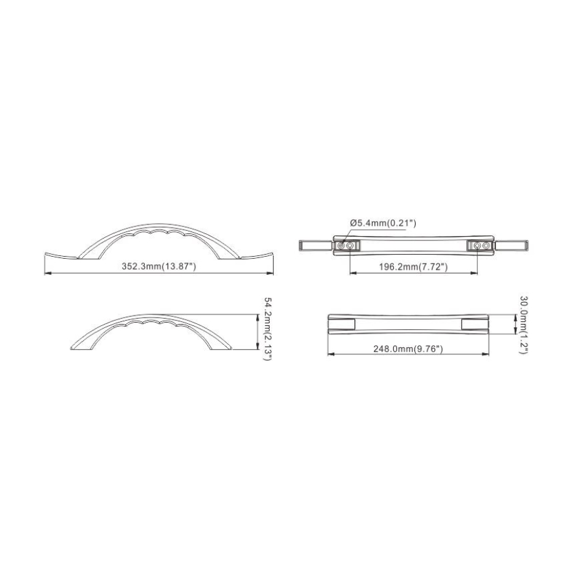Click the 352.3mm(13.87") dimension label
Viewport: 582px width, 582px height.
pos(159,266)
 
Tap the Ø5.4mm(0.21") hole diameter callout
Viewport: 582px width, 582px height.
pos(383,223)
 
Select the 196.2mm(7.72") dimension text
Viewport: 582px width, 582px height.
pos(413,266)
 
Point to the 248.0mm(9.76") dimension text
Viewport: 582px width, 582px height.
pos(408,349)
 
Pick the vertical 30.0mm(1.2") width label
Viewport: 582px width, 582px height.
pos(523,325)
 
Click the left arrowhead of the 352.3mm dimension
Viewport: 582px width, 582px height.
pos(47,274)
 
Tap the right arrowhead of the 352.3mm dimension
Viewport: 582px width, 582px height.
pos(270,274)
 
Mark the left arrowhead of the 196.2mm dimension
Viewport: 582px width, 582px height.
pos(353,273)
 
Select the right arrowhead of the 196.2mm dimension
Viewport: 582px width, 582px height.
pos(474,273)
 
